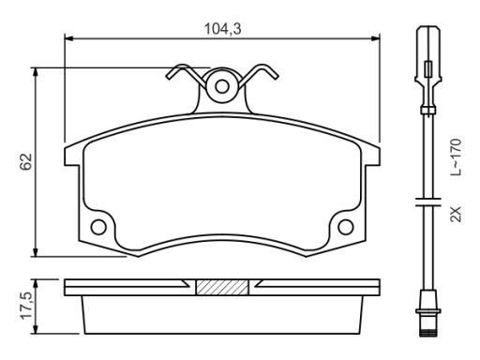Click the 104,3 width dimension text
tap(222, 29)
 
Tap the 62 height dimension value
tap(26, 161)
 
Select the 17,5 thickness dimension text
tap(26, 306)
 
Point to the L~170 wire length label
tap(456, 157)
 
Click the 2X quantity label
tap(456, 214)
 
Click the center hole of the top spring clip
tap(222, 86)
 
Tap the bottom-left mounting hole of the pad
tap(98, 227)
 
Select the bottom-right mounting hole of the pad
tap(346, 227)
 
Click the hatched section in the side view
tap(222, 287)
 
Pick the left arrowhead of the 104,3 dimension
tap(68, 38)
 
